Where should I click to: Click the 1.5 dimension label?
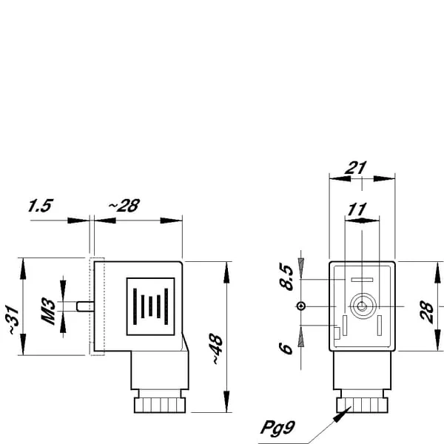coord(41,206)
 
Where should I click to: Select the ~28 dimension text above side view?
coord(124,206)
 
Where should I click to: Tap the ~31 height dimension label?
coord(13,320)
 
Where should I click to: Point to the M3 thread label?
coord(48,311)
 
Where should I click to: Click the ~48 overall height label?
coord(217,349)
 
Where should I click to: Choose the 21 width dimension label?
coord(356,168)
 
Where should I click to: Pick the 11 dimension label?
coord(357,209)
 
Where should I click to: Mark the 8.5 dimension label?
coord(286,277)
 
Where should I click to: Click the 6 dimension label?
coord(286,349)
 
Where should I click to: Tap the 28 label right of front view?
coord(427,312)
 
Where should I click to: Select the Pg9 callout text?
coord(277,427)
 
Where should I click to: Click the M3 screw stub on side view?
coord(85,306)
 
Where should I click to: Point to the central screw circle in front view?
coord(362,306)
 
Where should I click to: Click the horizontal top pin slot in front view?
coord(362,280)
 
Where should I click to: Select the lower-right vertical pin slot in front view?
coord(380,326)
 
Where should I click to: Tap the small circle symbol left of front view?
coord(301,306)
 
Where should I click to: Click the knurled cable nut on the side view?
coord(160,406)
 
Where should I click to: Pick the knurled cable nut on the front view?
coord(363,406)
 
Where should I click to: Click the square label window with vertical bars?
coord(151,306)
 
